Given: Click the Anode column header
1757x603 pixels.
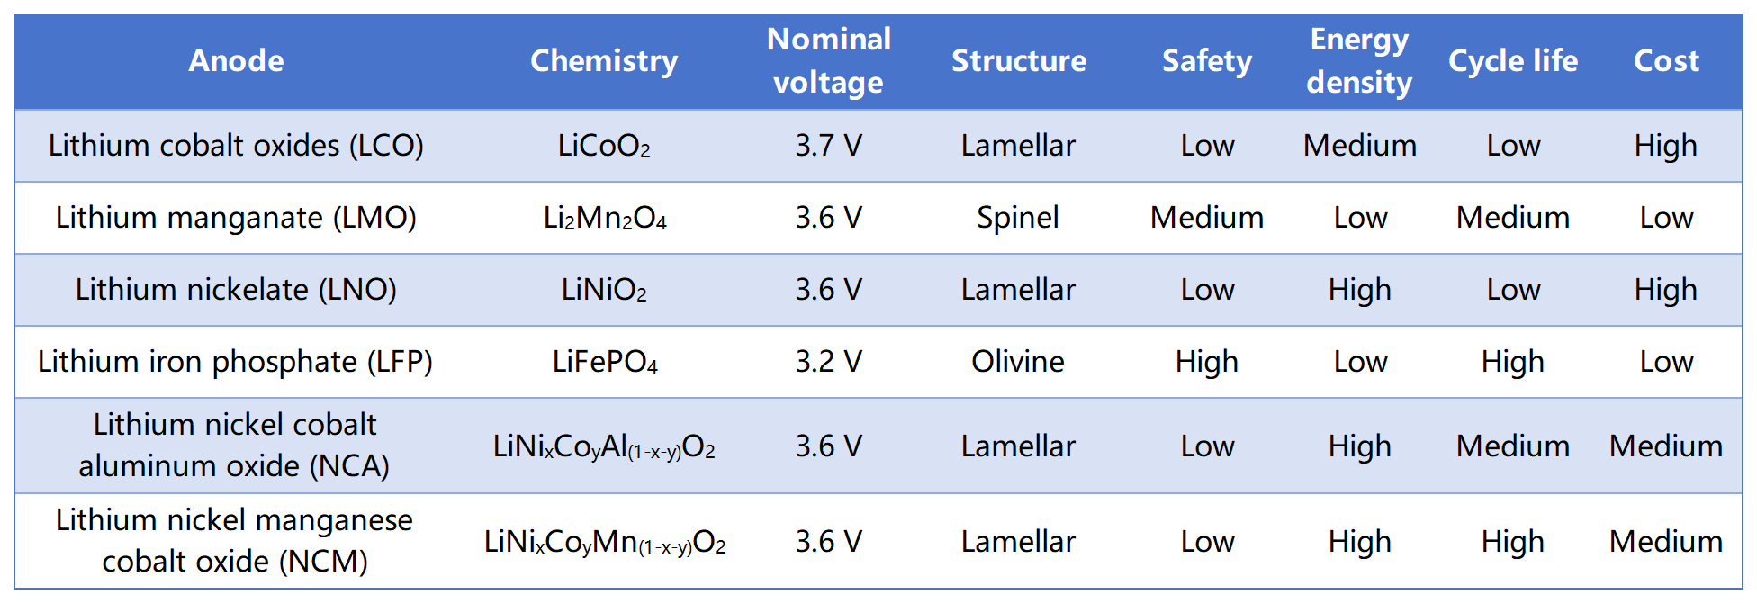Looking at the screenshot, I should point(236,61).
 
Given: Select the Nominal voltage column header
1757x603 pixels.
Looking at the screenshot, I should point(828,61).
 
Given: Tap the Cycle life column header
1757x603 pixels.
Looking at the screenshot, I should point(1512,61).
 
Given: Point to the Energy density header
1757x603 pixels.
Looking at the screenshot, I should point(1359,61).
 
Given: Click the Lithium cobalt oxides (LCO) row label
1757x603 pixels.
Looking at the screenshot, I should point(236,146).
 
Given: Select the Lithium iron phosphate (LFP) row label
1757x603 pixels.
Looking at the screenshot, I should point(236,362).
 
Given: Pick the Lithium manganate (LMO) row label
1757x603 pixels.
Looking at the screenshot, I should point(236,218).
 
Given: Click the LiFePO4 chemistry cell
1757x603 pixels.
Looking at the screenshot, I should point(605,362).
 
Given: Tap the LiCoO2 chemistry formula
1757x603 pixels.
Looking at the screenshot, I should point(604,146).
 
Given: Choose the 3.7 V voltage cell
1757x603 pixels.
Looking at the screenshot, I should point(828,146).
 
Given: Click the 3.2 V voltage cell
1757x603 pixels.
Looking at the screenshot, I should point(828,362).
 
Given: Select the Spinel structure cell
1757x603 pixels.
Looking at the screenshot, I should point(1018,218).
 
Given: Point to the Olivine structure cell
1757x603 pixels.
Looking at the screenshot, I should point(1018,362).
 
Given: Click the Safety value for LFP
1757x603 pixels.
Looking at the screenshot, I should point(1207,362).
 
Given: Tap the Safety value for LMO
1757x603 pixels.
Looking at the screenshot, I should point(1207,218).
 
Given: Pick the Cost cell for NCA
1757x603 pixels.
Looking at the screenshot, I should point(1666,446).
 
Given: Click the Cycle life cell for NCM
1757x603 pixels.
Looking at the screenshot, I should point(1513,542).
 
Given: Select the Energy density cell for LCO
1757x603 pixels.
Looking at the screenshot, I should point(1360,146).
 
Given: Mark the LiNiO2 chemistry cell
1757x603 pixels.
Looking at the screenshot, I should point(604,290).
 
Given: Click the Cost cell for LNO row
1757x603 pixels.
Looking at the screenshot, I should point(1666,290).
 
